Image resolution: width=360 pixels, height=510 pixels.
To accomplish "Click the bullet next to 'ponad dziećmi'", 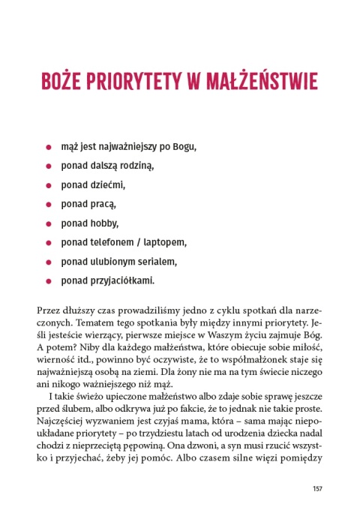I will coord(49,184).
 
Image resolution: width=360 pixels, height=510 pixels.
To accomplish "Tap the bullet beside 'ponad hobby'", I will coord(49,223).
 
